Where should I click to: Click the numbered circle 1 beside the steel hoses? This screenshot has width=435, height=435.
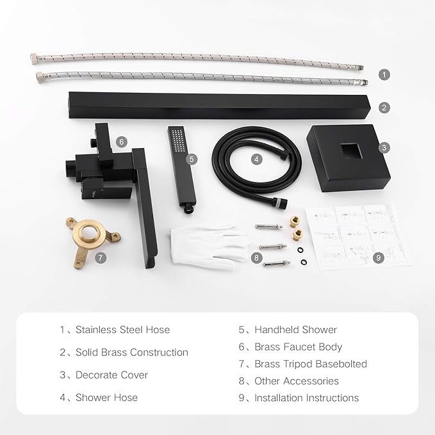click(383, 74)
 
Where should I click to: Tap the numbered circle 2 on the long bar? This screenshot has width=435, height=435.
click(383, 108)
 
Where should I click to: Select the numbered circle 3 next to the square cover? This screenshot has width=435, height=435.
click(383, 147)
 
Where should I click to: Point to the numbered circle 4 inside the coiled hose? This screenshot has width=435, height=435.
click(256, 158)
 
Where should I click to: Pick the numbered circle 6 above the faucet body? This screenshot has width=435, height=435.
click(122, 141)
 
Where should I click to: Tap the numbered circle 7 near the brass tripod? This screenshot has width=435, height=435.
click(99, 258)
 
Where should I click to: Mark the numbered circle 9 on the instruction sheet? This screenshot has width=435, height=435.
click(378, 258)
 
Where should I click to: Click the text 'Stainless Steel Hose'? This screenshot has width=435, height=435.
click(122, 330)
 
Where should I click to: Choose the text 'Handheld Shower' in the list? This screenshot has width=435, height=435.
click(295, 330)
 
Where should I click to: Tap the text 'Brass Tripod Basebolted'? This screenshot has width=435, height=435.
click(311, 364)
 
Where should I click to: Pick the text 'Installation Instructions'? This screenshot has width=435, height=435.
click(306, 398)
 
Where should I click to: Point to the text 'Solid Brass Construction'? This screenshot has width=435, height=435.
click(131, 352)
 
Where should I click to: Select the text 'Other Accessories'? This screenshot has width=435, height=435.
click(297, 381)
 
